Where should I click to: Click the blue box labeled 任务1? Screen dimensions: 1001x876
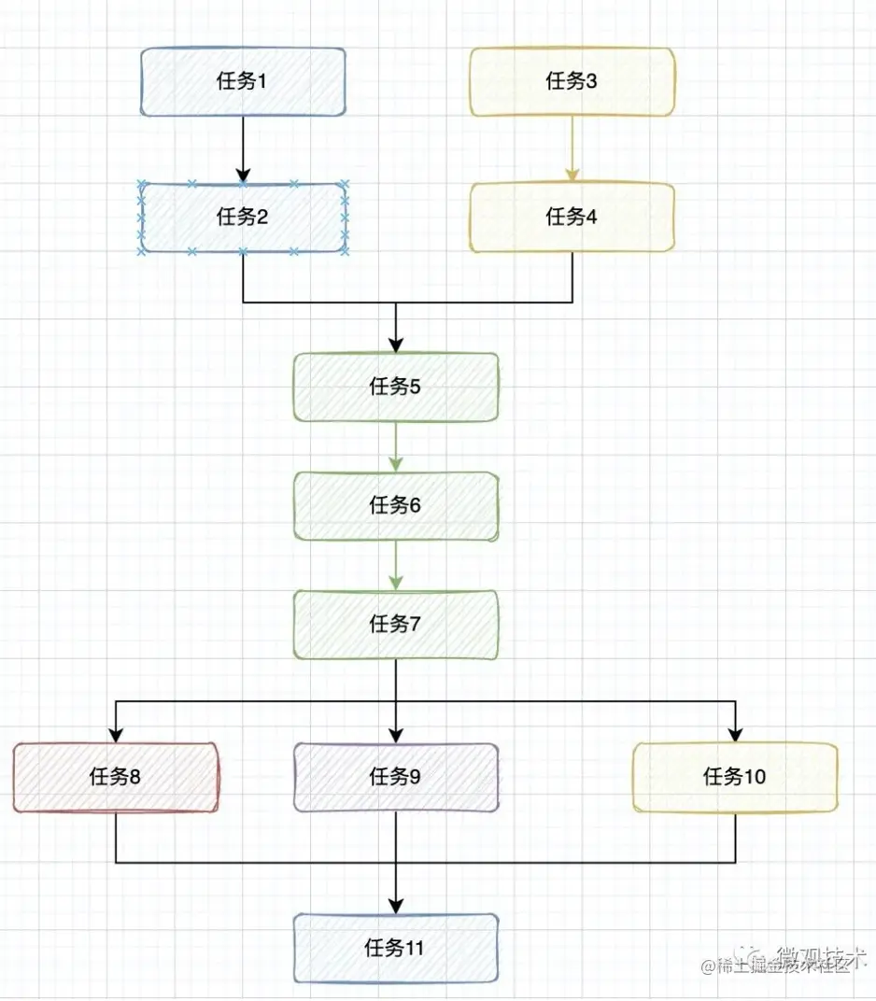pyautogui.click(x=243, y=81)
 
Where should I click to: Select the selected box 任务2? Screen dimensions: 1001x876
pyautogui.click(x=243, y=218)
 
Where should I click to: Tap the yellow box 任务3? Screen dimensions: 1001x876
pyautogui.click(x=572, y=81)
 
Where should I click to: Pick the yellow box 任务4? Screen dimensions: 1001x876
pyautogui.click(x=572, y=218)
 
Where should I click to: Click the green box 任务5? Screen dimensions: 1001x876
pyautogui.click(x=396, y=387)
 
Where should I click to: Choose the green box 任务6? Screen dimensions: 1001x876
pyautogui.click(x=396, y=505)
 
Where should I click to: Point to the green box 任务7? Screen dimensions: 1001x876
pyautogui.click(x=396, y=624)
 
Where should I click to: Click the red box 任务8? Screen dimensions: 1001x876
pyautogui.click(x=116, y=776)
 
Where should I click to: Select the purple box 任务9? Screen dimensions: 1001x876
pyautogui.click(x=396, y=776)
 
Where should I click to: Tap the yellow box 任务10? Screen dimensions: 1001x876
pyautogui.click(x=735, y=776)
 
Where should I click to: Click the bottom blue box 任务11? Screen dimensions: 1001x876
pyautogui.click(x=396, y=949)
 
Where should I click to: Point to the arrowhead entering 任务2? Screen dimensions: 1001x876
pyautogui.click(x=243, y=175)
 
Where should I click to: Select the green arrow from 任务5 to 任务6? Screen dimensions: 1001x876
pyautogui.click(x=396, y=446)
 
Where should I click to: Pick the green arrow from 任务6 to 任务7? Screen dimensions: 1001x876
pyautogui.click(x=396, y=565)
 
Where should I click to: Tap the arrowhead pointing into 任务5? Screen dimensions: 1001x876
pyautogui.click(x=396, y=344)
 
